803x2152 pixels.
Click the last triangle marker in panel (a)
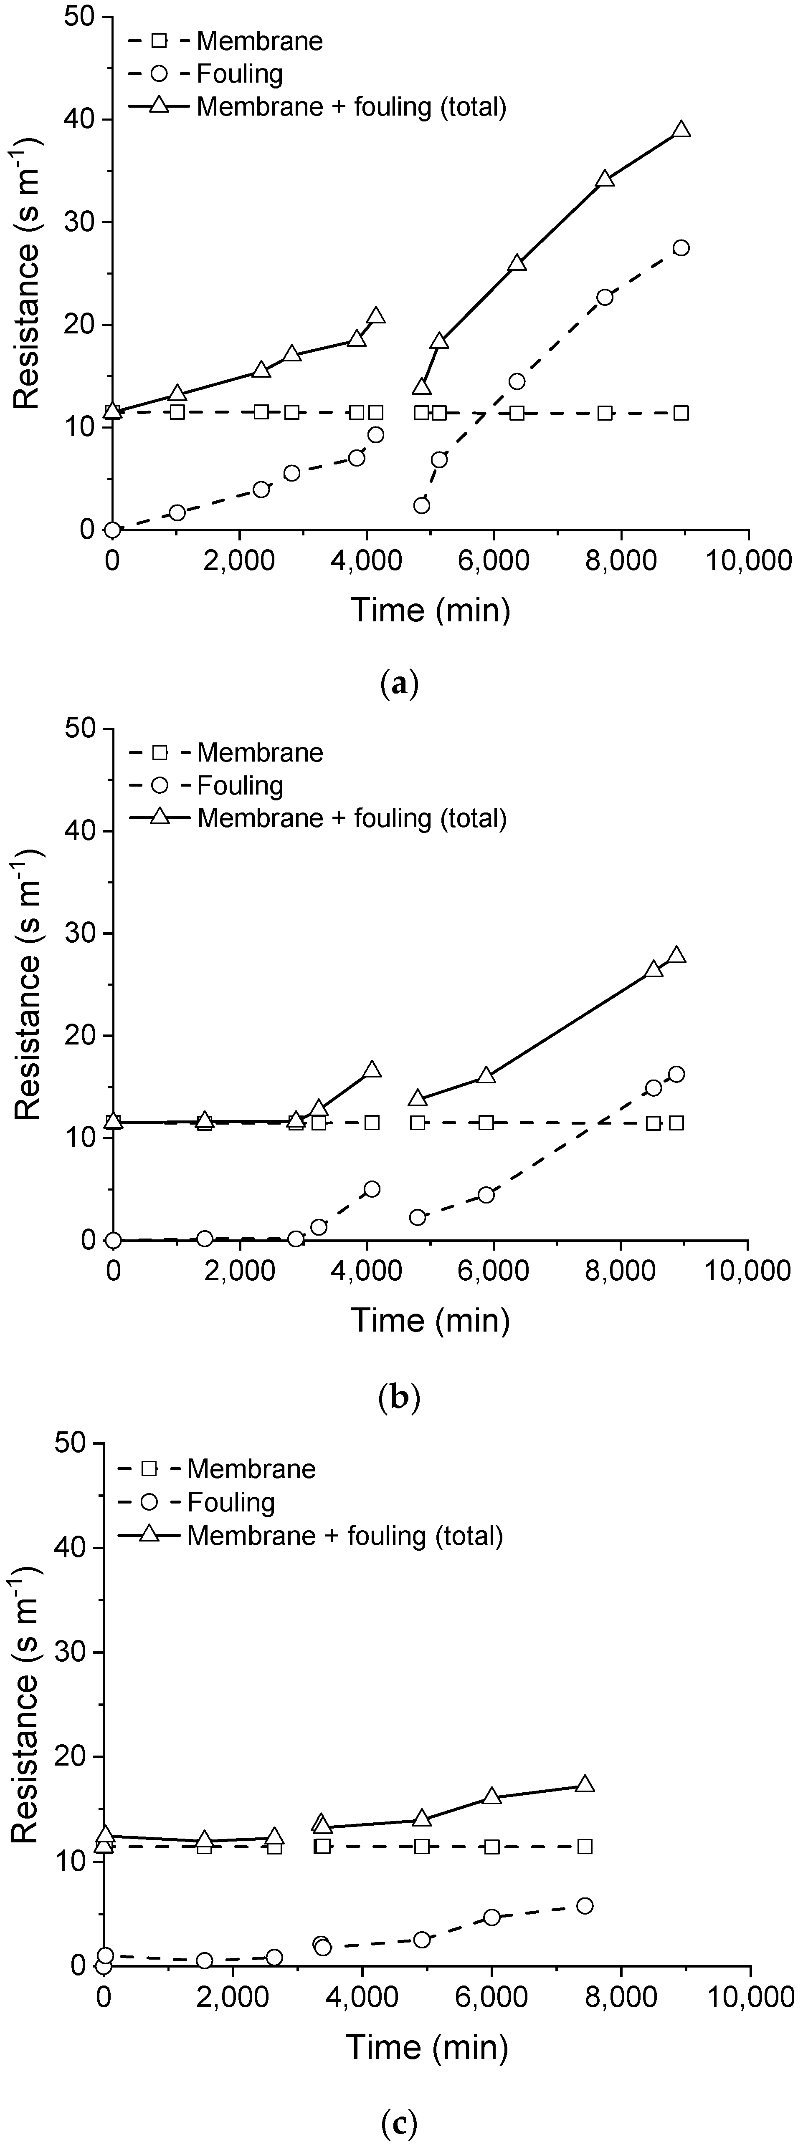(681, 129)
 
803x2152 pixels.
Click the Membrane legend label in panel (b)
(260, 753)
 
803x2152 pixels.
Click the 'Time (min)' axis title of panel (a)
(430, 610)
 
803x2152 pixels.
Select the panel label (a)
(398, 685)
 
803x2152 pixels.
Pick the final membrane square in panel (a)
(681, 413)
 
